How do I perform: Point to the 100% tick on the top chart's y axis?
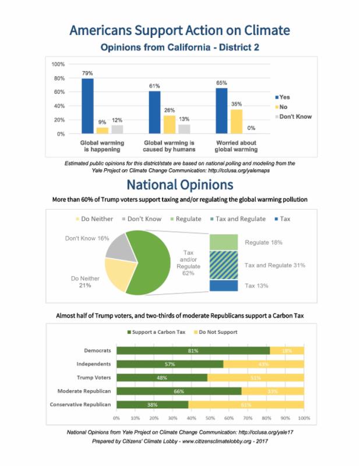58,63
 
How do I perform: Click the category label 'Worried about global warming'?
237,146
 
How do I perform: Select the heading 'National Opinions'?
179,185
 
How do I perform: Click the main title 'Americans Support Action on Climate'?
179,30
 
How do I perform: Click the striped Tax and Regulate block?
223,266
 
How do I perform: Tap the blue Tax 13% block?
223,286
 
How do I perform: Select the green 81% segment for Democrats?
193,351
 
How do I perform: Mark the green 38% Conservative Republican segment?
152,404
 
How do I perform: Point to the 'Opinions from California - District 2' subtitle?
179,47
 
